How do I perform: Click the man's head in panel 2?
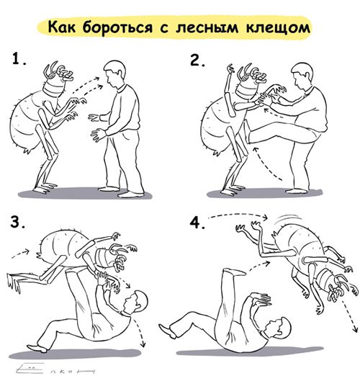[303, 74]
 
